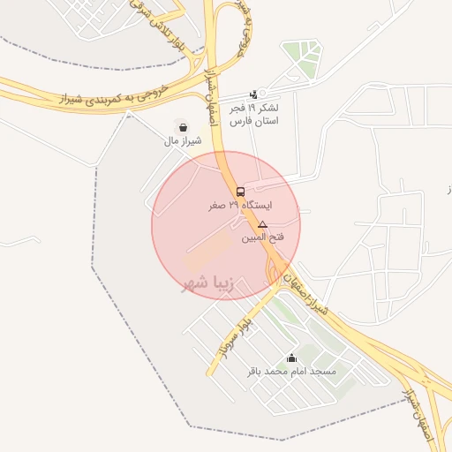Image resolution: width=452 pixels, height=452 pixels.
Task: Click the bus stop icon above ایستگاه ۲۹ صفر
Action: tap(240, 192)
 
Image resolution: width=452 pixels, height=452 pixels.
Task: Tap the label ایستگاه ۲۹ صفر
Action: tap(240, 205)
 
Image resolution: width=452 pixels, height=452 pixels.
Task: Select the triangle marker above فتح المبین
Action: tap(262, 226)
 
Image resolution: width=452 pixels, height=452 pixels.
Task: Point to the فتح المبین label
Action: tap(262, 238)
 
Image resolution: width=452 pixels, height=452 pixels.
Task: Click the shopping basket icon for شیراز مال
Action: tap(183, 127)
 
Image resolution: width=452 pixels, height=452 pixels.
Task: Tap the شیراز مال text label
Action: tap(183, 140)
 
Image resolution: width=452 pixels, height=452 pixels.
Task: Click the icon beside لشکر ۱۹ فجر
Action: tap(254, 94)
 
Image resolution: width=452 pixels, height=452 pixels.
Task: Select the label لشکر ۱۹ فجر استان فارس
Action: tap(254, 114)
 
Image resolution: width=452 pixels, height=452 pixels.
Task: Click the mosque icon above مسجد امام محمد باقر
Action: tap(291, 358)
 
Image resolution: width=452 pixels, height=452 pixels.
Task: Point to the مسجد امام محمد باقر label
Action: tap(291, 372)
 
